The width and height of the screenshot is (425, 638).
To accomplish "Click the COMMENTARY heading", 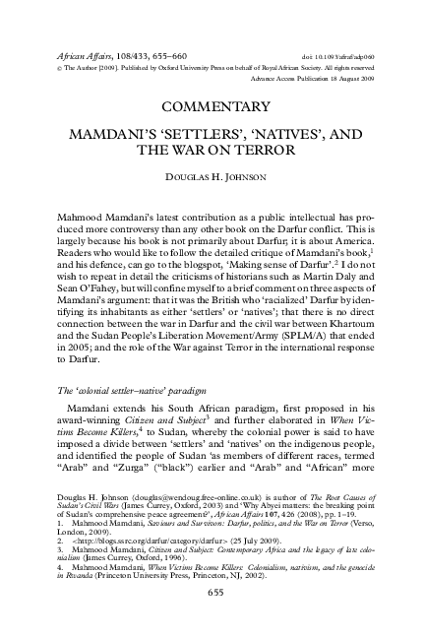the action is click(x=212, y=105).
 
